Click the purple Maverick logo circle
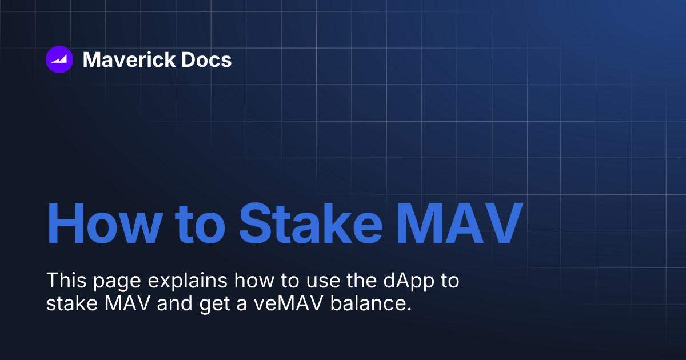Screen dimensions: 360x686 tap(59, 59)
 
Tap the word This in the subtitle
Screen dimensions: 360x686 tap(64, 281)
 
